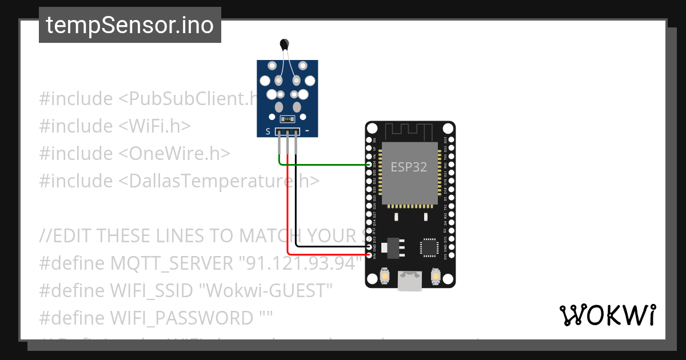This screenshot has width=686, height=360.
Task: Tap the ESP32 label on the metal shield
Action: click(x=409, y=166)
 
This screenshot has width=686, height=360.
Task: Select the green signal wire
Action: click(x=326, y=165)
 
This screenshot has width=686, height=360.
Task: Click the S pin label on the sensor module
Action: click(x=268, y=131)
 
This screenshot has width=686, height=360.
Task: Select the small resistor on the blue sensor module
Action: click(x=287, y=119)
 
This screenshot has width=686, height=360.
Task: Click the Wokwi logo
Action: click(x=607, y=315)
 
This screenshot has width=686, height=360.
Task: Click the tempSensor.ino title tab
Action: click(x=130, y=25)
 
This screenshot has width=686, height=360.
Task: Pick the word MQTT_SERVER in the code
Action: click(x=171, y=264)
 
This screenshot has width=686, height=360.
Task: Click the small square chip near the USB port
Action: click(x=429, y=247)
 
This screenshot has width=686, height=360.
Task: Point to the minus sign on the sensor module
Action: click(x=308, y=131)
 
